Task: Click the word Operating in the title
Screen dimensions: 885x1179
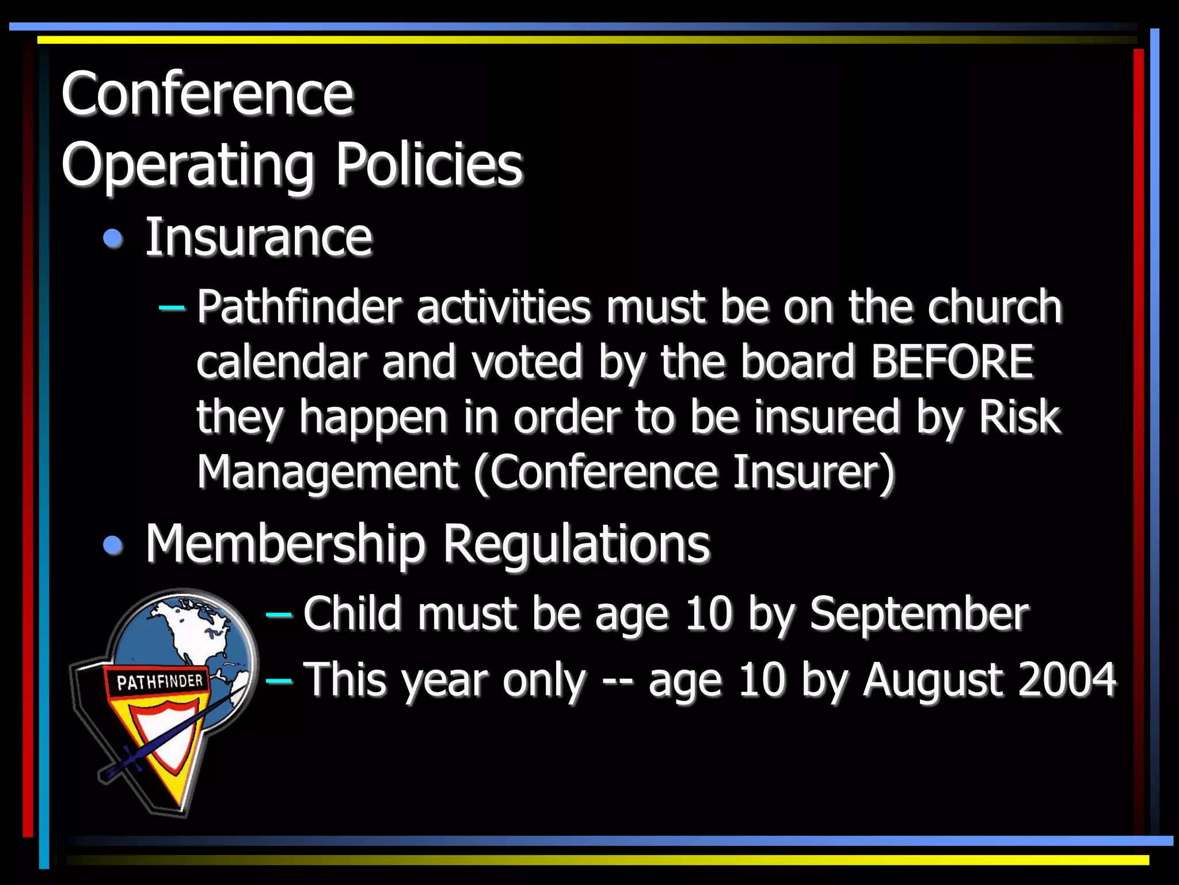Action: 188,166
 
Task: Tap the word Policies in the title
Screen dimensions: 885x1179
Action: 429,165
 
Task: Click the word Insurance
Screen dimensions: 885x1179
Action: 258,237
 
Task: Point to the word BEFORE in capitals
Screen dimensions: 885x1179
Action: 952,362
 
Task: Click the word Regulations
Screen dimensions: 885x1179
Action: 576,544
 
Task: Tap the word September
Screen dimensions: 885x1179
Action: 919,614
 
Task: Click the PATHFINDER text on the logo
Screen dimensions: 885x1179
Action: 160,682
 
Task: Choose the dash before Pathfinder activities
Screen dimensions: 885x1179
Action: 172,308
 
